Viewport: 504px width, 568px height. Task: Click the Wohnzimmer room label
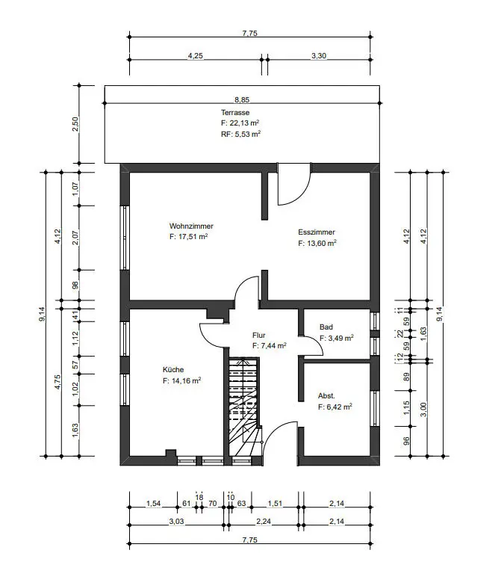pyautogui.click(x=191, y=226)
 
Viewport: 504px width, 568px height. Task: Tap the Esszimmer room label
pyautogui.click(x=317, y=232)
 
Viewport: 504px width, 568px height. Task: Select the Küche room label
pyautogui.click(x=173, y=370)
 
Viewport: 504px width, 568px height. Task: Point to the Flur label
pyautogui.click(x=258, y=336)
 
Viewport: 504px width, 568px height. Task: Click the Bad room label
pyautogui.click(x=326, y=327)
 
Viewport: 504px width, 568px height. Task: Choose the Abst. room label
pyautogui.click(x=326, y=396)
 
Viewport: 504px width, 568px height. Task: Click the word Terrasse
pyautogui.click(x=235, y=113)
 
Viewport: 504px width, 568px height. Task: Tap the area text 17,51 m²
pyautogui.click(x=193, y=237)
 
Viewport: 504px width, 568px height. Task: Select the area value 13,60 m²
pyautogui.click(x=322, y=243)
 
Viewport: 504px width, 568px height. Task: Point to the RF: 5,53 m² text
pyautogui.click(x=241, y=134)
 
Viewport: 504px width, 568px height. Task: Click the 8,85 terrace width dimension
pyautogui.click(x=242, y=99)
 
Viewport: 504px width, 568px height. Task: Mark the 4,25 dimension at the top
pyautogui.click(x=196, y=56)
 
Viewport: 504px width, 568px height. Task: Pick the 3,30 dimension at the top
pyautogui.click(x=319, y=56)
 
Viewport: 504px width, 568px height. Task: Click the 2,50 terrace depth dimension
pyautogui.click(x=75, y=124)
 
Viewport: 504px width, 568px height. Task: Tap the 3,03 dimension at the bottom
pyautogui.click(x=176, y=522)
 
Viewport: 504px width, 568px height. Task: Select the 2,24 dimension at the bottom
pyautogui.click(x=264, y=522)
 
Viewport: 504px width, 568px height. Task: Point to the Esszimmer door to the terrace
pyautogui.click(x=293, y=185)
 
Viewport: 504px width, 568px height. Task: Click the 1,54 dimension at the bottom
pyautogui.click(x=153, y=504)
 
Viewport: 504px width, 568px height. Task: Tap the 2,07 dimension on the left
pyautogui.click(x=75, y=238)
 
